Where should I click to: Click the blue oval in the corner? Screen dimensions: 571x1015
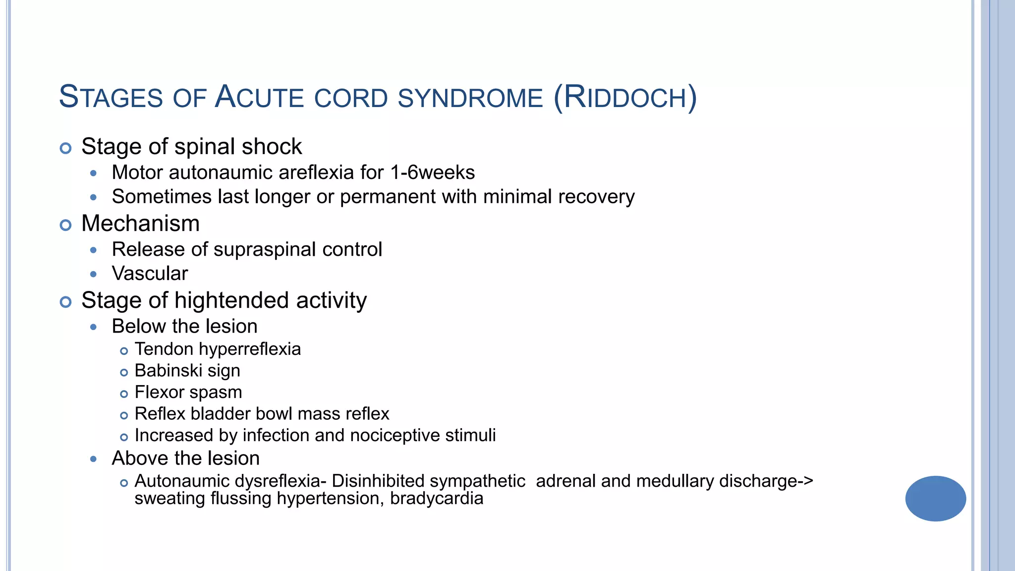click(935, 498)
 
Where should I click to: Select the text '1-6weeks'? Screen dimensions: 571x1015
click(432, 172)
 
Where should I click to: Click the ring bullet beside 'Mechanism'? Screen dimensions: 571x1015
click(65, 225)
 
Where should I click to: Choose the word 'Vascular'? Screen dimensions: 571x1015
click(150, 274)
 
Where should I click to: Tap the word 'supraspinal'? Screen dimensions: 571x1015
click(265, 249)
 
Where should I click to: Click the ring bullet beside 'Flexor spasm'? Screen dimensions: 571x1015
click(124, 394)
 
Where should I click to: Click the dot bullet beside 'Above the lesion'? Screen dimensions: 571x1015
click(94, 459)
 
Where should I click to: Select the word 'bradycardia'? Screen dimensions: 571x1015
click(436, 498)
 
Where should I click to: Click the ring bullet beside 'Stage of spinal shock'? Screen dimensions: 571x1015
click(65, 148)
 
